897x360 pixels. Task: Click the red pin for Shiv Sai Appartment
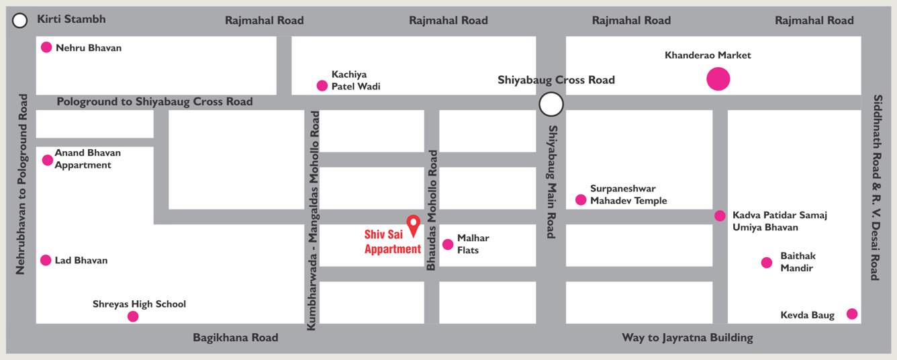(413, 224)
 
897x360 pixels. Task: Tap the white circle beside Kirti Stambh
(20, 21)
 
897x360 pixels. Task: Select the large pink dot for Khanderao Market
(718, 79)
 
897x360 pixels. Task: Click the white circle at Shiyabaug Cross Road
(551, 104)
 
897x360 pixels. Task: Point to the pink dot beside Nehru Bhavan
(46, 47)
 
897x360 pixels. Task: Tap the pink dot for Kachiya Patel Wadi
(322, 85)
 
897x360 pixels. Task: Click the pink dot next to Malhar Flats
(448, 244)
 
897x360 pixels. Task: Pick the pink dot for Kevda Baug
(852, 314)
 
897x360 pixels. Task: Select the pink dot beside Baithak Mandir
(767, 263)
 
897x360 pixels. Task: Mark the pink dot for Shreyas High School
(133, 316)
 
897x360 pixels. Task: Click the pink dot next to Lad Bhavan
(46, 260)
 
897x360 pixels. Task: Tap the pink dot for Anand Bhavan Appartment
(47, 160)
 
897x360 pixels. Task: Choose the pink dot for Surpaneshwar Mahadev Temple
(581, 199)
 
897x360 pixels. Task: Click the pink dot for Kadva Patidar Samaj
(720, 216)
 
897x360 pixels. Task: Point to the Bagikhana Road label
(235, 338)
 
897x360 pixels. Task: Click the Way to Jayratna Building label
(687, 338)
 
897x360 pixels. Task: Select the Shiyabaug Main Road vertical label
(552, 181)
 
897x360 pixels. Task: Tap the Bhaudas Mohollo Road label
(432, 210)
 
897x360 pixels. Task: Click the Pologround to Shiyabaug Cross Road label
(154, 101)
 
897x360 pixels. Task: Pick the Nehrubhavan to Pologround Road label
(21, 184)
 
